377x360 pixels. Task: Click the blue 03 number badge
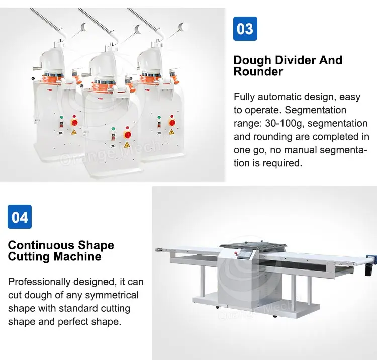click(245, 29)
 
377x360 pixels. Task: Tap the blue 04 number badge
click(20, 217)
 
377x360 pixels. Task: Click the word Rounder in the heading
click(258, 72)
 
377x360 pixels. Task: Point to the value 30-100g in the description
click(285, 123)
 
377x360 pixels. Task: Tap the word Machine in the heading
click(77, 256)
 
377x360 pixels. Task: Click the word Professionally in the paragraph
click(39, 282)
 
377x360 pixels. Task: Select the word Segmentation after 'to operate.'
click(316, 110)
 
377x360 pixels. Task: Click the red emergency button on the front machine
click(128, 135)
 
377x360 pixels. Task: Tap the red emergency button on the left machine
click(75, 123)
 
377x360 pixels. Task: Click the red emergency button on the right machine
click(172, 123)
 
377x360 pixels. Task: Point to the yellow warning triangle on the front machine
click(127, 145)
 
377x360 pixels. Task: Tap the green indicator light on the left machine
click(61, 117)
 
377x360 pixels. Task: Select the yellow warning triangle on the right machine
click(171, 132)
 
